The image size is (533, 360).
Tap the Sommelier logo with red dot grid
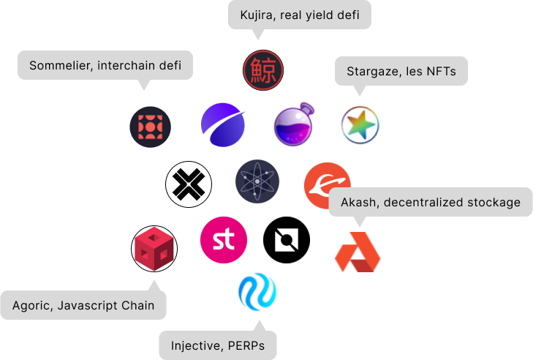(x=150, y=126)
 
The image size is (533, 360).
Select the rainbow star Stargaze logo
(x=360, y=125)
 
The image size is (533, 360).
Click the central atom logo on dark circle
(x=257, y=181)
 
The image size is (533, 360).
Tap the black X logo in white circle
(x=189, y=183)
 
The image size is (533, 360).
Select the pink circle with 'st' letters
(x=223, y=240)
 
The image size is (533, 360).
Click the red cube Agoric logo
(x=154, y=250)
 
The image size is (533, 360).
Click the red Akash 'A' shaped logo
(x=358, y=252)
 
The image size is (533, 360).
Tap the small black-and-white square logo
(x=287, y=240)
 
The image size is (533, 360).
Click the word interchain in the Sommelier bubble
(x=128, y=66)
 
